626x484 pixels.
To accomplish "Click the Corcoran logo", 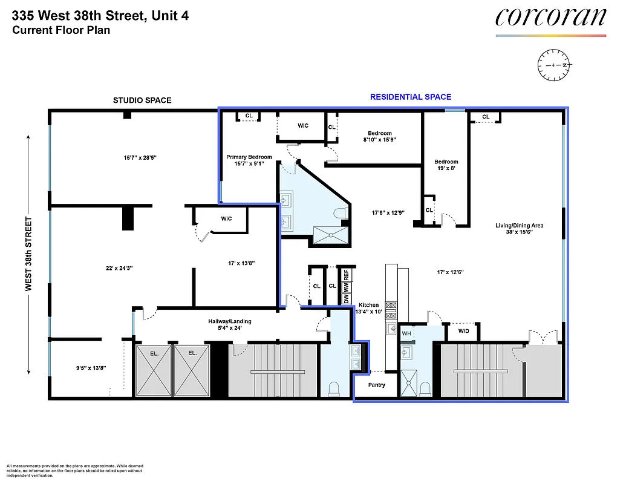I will [x=550, y=18].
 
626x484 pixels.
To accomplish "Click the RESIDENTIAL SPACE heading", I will [x=410, y=97].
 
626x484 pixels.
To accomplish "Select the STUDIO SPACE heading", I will [x=142, y=100].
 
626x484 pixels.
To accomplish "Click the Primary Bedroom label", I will [x=249, y=157].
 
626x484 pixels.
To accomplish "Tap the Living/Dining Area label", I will [x=519, y=226].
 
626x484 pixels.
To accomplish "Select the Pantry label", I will [x=376, y=385].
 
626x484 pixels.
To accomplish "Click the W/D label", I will [x=463, y=332].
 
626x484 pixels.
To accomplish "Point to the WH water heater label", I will [x=406, y=333].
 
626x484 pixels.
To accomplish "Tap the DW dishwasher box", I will [x=346, y=298].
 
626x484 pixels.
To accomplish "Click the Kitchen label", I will [x=369, y=305].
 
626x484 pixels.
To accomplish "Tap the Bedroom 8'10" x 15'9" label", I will [x=380, y=133].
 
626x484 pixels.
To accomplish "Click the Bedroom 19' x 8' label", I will [x=446, y=162].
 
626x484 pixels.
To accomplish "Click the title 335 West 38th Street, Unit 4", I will [x=100, y=16].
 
